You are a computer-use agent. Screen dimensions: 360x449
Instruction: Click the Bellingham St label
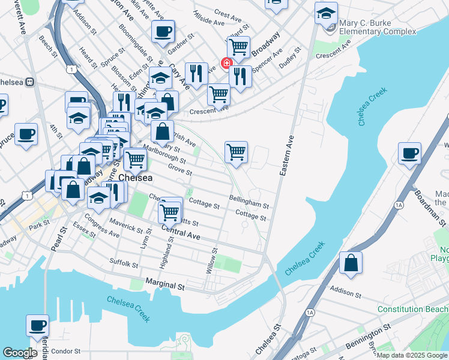(249, 201)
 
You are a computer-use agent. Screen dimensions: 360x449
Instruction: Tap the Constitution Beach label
(412, 308)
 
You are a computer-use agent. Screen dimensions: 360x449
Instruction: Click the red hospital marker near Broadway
(228, 63)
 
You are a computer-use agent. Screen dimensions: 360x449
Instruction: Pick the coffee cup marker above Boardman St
(410, 153)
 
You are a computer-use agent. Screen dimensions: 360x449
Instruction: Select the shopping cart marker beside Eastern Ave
(237, 152)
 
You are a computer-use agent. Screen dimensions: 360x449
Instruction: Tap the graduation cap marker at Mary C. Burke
(326, 13)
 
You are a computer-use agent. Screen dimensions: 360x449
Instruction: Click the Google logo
(19, 353)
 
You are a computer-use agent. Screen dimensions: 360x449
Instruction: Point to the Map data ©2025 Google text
(412, 355)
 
